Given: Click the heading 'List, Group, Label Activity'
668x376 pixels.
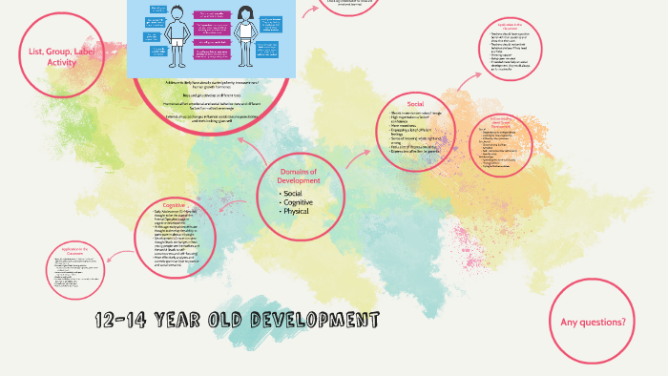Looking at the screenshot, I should coord(62,56).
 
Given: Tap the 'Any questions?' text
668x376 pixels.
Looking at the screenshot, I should coord(593,323).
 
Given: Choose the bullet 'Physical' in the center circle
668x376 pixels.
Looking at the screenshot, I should coord(296,211).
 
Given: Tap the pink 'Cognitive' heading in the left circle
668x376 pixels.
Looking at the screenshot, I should coord(174,205).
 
